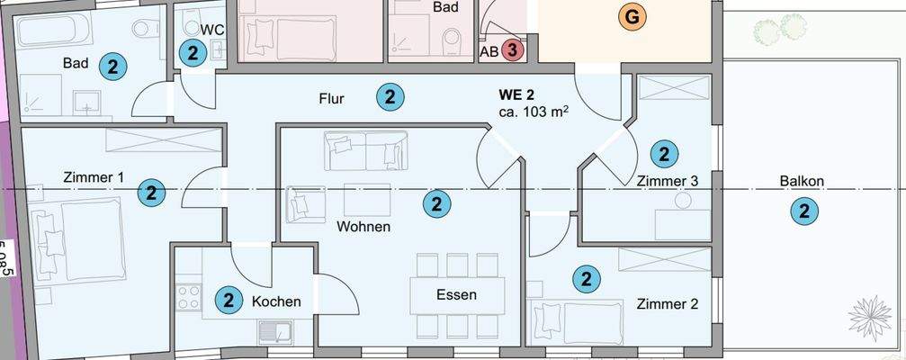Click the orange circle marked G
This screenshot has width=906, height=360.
tap(632, 17)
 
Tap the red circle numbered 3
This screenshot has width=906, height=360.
tap(512, 50)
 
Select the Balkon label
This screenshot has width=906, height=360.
tap(802, 181)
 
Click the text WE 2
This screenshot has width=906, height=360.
tap(518, 94)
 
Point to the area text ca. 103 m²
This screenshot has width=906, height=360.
tap(534, 112)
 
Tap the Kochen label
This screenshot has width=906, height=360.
tap(276, 301)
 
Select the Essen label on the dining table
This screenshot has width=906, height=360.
tap(456, 294)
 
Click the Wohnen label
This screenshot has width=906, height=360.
tap(363, 227)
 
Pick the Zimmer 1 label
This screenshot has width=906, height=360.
tap(94, 177)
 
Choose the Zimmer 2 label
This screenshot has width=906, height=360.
tap(668, 303)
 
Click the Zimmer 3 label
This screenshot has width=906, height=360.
tap(668, 181)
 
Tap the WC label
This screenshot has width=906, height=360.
tap(212, 29)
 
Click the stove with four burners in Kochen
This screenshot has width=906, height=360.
tap(189, 296)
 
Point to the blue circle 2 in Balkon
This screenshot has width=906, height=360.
tap(803, 212)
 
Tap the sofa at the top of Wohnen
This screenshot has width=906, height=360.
tap(366, 149)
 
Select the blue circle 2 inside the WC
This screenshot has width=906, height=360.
tap(191, 52)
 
